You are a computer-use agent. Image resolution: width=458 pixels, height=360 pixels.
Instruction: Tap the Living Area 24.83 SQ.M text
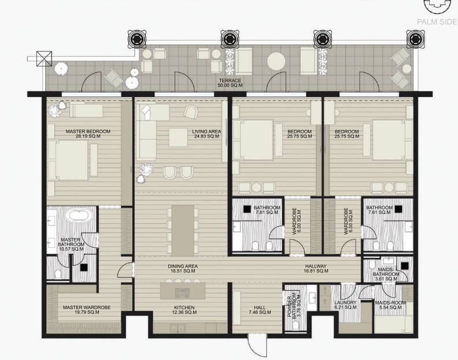(206, 133)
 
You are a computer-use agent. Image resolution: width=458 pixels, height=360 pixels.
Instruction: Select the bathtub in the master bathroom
(79, 216)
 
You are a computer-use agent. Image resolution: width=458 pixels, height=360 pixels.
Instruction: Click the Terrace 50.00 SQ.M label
(230, 83)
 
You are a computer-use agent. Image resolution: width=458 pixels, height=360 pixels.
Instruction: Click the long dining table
(183, 231)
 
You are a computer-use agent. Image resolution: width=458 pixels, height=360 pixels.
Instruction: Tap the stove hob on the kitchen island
(182, 292)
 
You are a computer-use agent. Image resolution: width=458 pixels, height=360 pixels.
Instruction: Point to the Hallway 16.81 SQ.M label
(316, 269)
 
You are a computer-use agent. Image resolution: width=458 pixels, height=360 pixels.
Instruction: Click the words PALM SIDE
(437, 22)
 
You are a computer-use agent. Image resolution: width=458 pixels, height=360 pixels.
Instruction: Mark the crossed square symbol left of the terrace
(45, 59)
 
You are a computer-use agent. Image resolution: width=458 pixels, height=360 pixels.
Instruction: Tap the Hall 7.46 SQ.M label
(260, 310)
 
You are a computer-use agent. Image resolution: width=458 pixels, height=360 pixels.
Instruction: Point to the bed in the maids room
(393, 324)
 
